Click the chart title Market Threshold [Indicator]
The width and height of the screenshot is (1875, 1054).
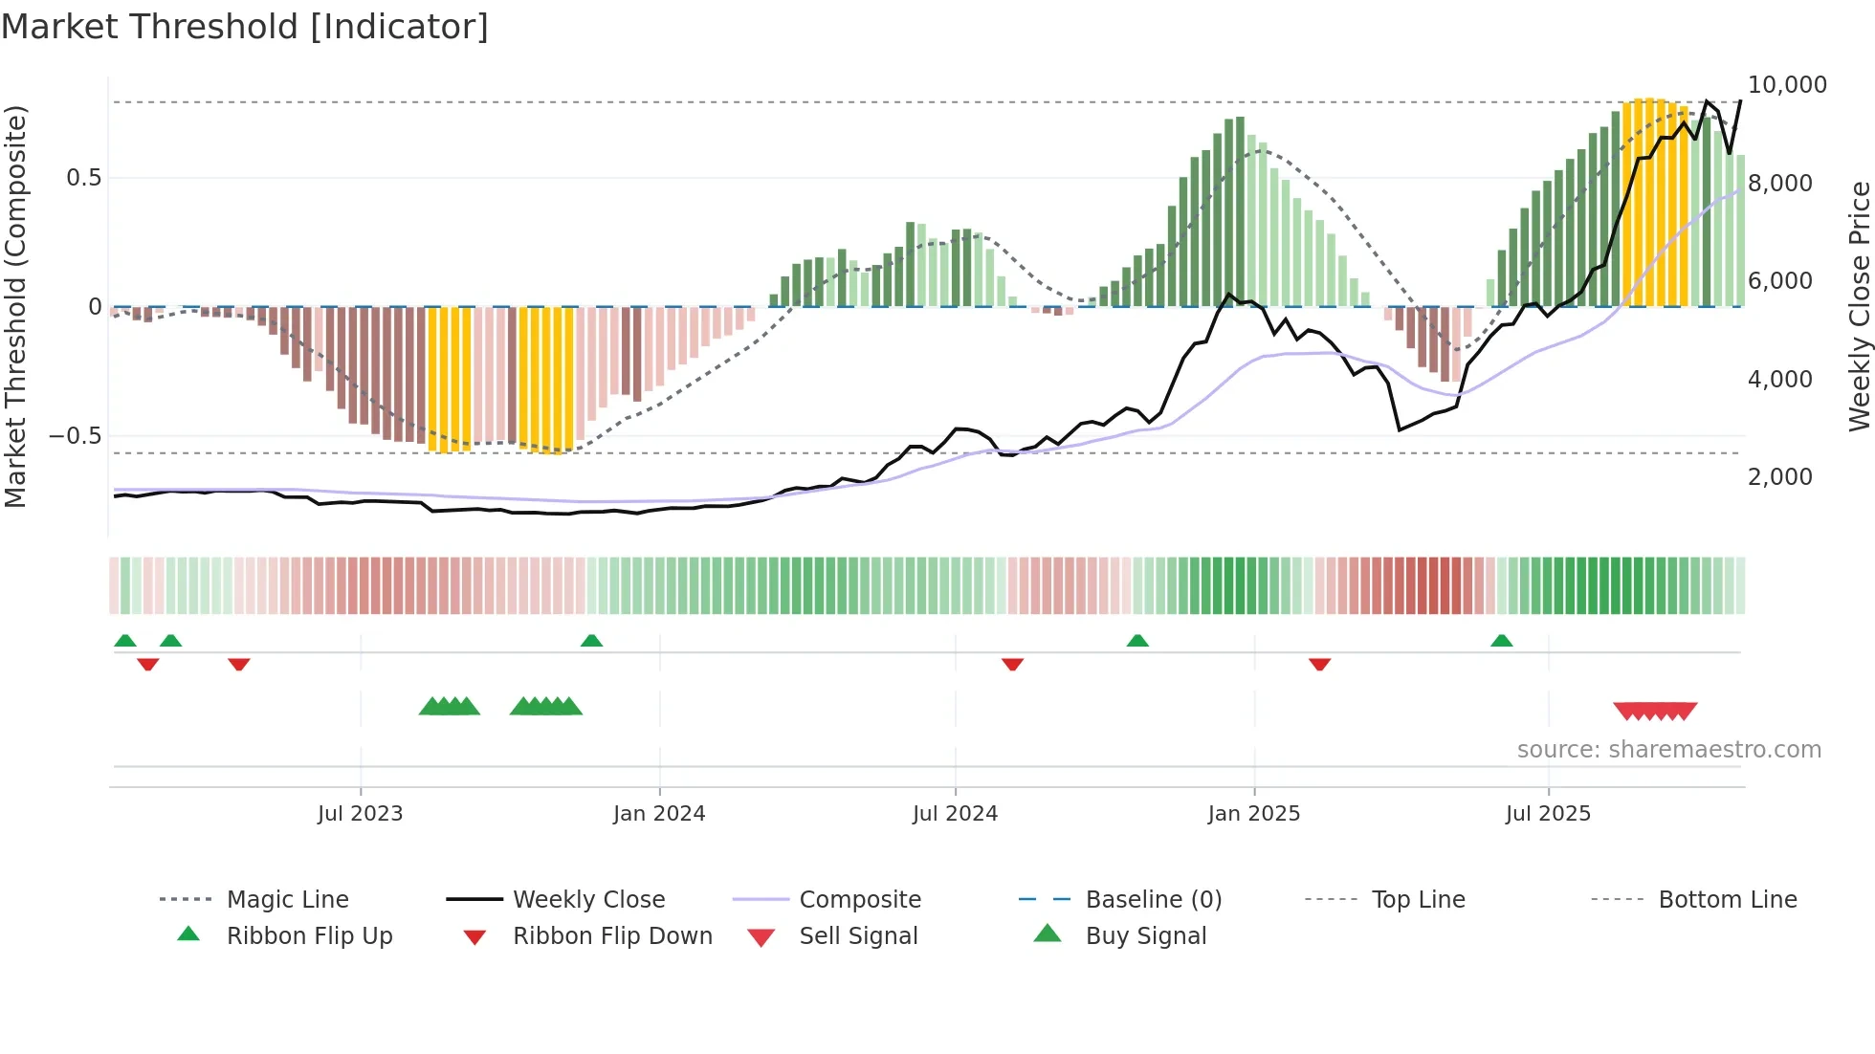click(245, 27)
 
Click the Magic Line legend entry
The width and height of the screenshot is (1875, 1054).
click(287, 900)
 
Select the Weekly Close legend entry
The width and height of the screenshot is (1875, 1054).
click(588, 900)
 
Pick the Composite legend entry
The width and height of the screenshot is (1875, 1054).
click(859, 900)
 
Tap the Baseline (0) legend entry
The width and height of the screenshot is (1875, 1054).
click(1153, 900)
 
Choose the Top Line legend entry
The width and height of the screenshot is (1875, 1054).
click(1418, 900)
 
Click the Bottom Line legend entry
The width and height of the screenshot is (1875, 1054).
click(1727, 900)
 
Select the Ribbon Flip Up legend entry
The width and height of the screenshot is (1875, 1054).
click(309, 936)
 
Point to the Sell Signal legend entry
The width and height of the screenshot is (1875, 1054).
click(858, 936)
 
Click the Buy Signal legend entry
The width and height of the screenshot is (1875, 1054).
click(1145, 936)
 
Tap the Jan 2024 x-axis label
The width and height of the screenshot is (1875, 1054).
click(659, 814)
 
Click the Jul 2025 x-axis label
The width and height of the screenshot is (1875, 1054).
click(1548, 814)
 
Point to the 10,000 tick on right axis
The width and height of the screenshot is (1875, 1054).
click(1786, 85)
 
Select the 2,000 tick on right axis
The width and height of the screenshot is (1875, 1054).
click(1779, 477)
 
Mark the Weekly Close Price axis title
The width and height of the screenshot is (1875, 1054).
click(1859, 306)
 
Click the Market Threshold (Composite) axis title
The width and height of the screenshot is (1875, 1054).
click(15, 306)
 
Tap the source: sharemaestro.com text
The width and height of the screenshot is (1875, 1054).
click(1668, 750)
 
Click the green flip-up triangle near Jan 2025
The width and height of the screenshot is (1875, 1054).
click(1137, 641)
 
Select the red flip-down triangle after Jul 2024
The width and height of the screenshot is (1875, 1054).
click(1012, 664)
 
